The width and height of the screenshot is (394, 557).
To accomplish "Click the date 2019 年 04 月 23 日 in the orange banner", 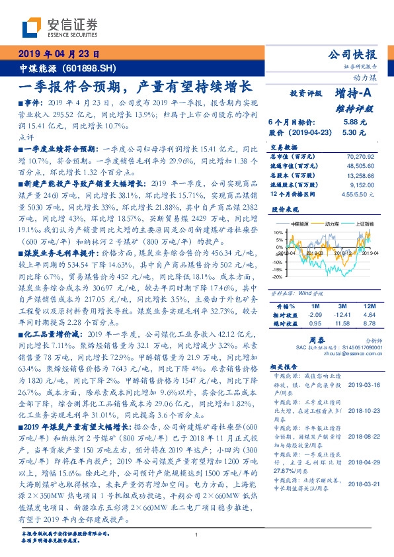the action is pyautogui.click(x=59, y=54).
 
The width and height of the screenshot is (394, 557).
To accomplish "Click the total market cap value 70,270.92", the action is pyautogui.click(x=360, y=156).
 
